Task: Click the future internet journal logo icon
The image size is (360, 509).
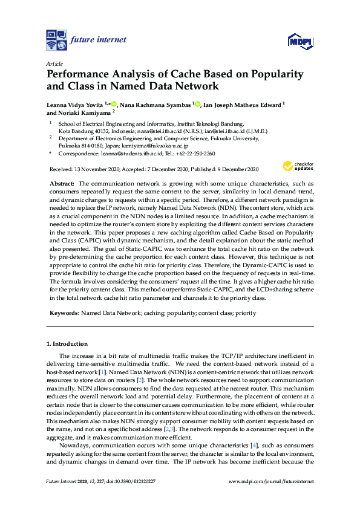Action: (56, 40)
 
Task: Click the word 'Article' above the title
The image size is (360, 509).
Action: (53, 63)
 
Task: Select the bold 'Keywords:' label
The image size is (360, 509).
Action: (63, 313)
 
